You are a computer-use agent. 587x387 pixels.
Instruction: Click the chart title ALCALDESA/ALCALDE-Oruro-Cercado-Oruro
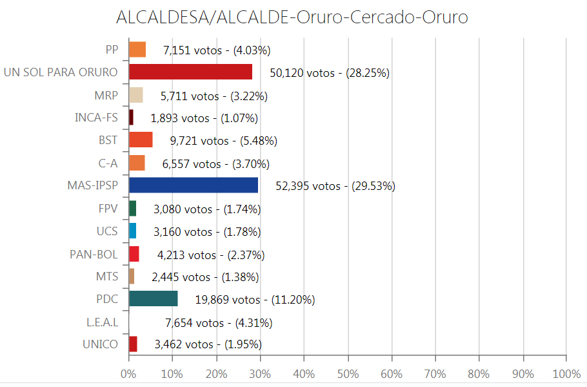(x=292, y=17)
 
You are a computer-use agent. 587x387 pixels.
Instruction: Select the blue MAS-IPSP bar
(x=194, y=185)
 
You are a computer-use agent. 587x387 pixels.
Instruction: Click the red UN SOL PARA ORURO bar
(x=190, y=72)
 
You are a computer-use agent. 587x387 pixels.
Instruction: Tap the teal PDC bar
(x=154, y=298)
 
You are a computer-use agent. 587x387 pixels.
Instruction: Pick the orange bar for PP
(x=137, y=49)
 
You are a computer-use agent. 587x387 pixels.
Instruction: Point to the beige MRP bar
(x=136, y=95)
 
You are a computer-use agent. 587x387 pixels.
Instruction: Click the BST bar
(x=141, y=140)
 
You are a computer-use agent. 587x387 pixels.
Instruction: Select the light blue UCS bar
(x=133, y=231)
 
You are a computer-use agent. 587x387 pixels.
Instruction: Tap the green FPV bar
(x=133, y=208)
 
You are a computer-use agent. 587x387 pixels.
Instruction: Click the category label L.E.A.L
(x=102, y=322)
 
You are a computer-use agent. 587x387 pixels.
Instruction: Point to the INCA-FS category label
(x=96, y=118)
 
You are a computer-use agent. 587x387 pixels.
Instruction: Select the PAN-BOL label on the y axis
(x=94, y=254)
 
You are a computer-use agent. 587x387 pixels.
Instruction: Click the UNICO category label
(x=100, y=344)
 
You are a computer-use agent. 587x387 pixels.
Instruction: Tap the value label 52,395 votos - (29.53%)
(x=335, y=187)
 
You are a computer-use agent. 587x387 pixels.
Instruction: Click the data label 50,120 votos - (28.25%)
(x=330, y=73)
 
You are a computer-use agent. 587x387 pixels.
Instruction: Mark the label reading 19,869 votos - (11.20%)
(x=255, y=300)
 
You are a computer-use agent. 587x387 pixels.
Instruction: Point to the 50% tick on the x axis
(x=348, y=374)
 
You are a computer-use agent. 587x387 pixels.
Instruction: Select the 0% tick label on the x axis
(x=129, y=374)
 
